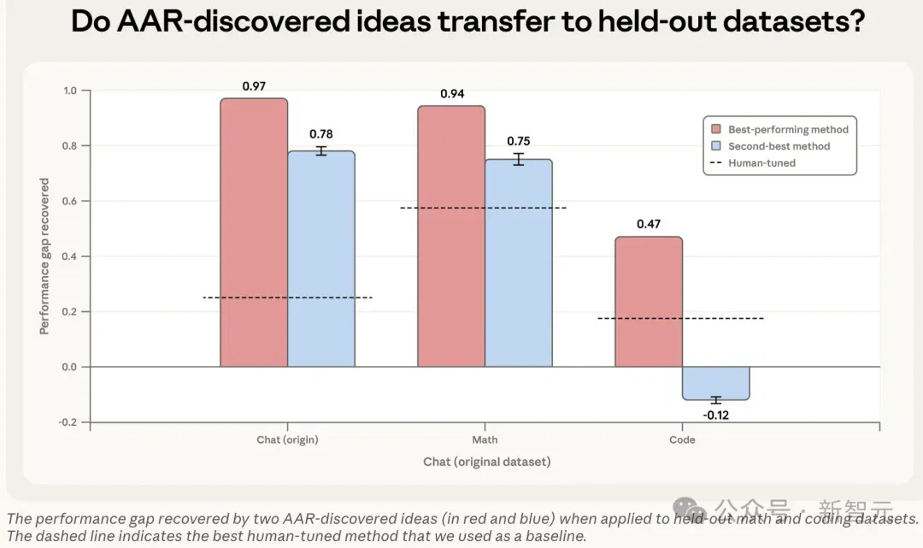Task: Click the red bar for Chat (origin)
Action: click(x=254, y=233)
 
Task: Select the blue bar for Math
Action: click(x=519, y=263)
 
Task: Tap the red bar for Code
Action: click(x=649, y=302)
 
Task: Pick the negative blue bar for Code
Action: click(x=716, y=383)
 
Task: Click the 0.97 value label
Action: click(x=254, y=86)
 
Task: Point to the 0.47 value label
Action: click(x=649, y=224)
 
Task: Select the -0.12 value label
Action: click(x=716, y=415)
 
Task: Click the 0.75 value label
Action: click(x=519, y=141)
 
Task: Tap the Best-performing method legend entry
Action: click(x=780, y=129)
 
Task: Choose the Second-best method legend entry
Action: click(x=771, y=146)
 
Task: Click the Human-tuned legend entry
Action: click(x=754, y=163)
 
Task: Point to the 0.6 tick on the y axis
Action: click(x=69, y=201)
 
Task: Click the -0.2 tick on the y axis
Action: click(x=68, y=422)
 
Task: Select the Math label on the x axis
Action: click(x=485, y=439)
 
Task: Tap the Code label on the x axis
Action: click(x=682, y=439)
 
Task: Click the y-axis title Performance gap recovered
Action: click(x=44, y=256)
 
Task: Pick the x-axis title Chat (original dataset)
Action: click(x=487, y=462)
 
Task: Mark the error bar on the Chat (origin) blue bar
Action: click(x=320, y=150)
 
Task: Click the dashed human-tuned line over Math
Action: click(x=483, y=208)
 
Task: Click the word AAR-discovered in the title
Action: click(x=233, y=21)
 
